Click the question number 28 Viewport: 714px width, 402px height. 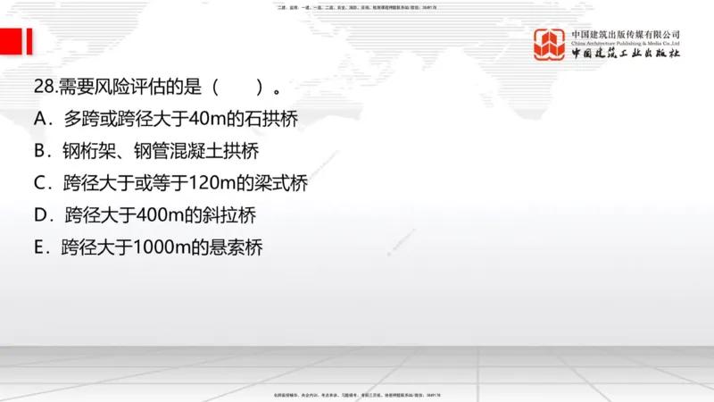pos(43,88)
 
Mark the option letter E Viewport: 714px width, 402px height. pos(40,247)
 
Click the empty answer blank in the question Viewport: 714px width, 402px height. pos(237,88)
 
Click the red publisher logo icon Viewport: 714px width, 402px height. pos(550,44)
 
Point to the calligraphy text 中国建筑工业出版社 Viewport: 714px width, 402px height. pos(626,54)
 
